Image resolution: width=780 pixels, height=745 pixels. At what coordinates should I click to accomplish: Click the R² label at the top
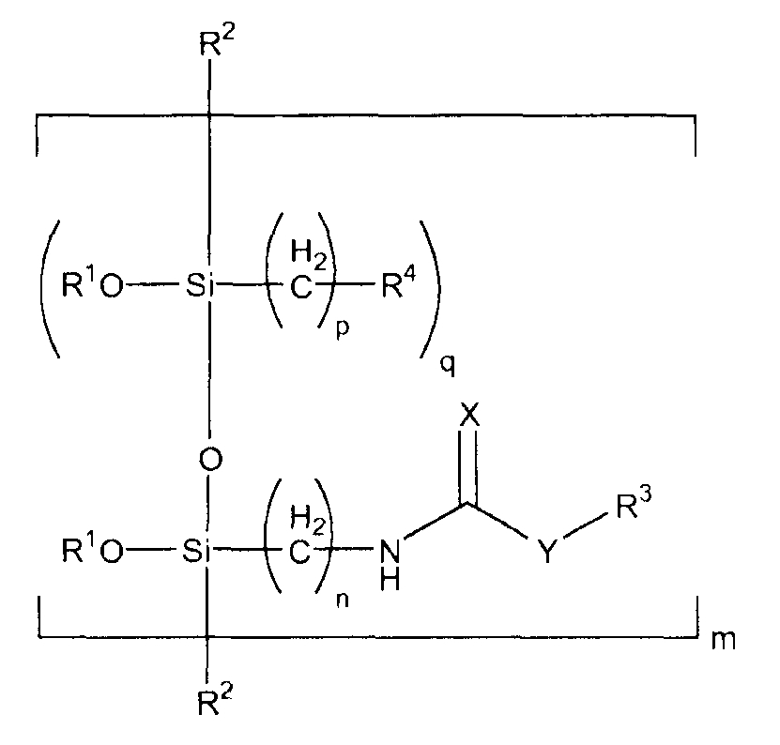tap(217, 43)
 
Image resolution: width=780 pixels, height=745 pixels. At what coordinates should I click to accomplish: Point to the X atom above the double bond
tap(469, 415)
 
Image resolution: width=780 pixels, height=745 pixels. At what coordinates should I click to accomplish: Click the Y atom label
tap(546, 551)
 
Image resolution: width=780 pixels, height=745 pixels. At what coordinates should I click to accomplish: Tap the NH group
tap(390, 565)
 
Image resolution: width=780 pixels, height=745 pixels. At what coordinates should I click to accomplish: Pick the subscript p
tap(343, 328)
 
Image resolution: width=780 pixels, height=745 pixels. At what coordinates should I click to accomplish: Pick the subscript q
tap(447, 366)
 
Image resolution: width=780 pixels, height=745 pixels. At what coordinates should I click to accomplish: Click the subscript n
tap(343, 601)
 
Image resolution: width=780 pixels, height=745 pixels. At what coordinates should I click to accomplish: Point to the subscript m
tap(723, 641)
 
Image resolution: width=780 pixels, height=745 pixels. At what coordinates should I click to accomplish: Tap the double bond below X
tap(468, 466)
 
